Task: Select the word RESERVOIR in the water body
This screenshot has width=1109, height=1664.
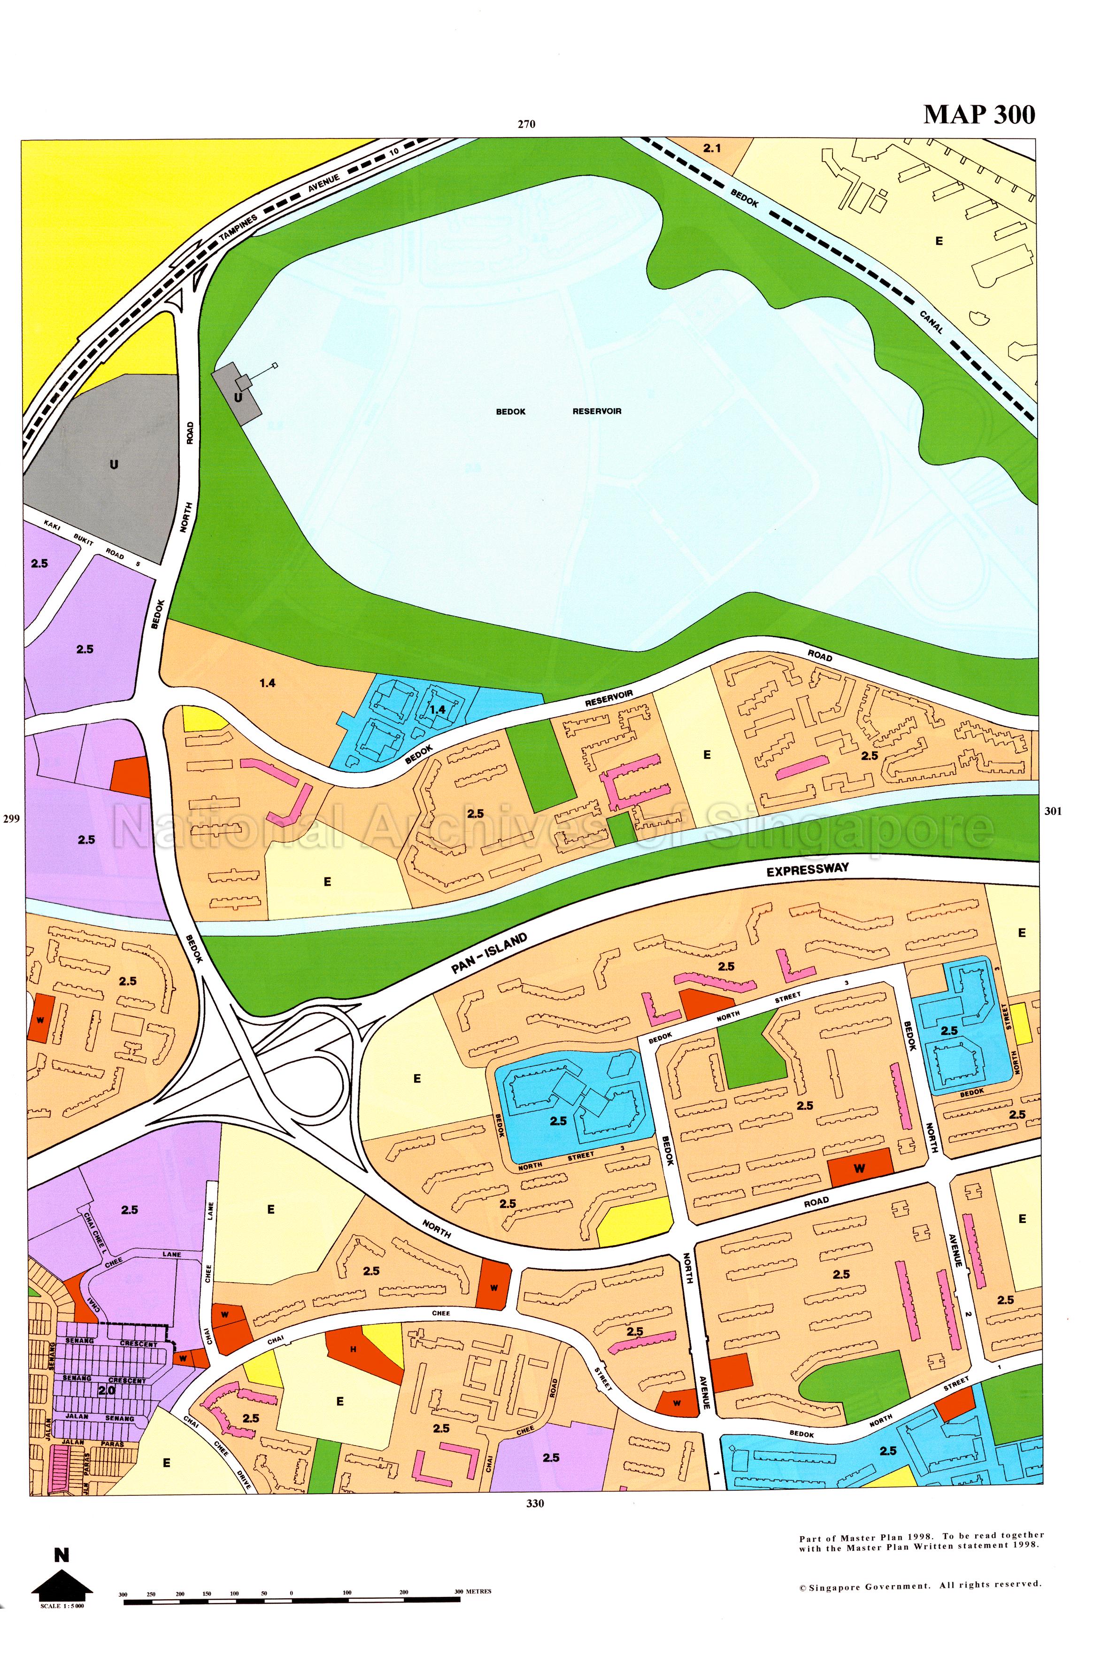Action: (596, 411)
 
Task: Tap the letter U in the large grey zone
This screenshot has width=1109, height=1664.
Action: (113, 465)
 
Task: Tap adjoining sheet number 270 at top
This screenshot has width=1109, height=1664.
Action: (525, 124)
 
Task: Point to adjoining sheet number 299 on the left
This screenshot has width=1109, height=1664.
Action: (12, 819)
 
